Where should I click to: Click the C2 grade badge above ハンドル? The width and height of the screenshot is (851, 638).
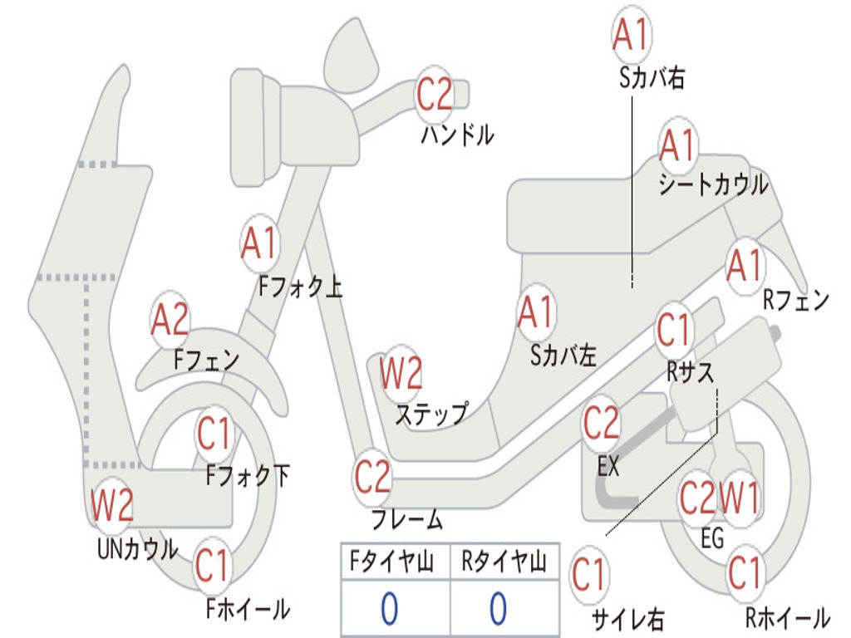pyautogui.click(x=434, y=93)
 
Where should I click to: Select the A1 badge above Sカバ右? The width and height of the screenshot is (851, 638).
pyautogui.click(x=631, y=35)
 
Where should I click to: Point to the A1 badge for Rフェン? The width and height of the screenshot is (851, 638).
pyautogui.click(x=744, y=266)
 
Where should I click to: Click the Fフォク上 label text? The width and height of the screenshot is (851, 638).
pyautogui.click(x=299, y=287)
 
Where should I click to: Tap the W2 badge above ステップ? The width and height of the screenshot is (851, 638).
pyautogui.click(x=401, y=374)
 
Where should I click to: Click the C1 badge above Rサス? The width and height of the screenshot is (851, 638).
pyautogui.click(x=674, y=331)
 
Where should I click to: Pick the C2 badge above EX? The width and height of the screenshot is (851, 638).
pyautogui.click(x=601, y=424)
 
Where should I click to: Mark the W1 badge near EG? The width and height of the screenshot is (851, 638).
pyautogui.click(x=739, y=498)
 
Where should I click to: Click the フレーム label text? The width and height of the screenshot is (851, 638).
pyautogui.click(x=406, y=520)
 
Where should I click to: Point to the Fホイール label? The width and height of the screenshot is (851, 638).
pyautogui.click(x=248, y=609)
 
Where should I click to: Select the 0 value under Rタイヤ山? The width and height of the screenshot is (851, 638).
pyautogui.click(x=498, y=609)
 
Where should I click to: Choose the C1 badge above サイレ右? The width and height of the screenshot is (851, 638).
pyautogui.click(x=589, y=575)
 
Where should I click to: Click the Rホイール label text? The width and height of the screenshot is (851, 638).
pyautogui.click(x=787, y=617)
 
